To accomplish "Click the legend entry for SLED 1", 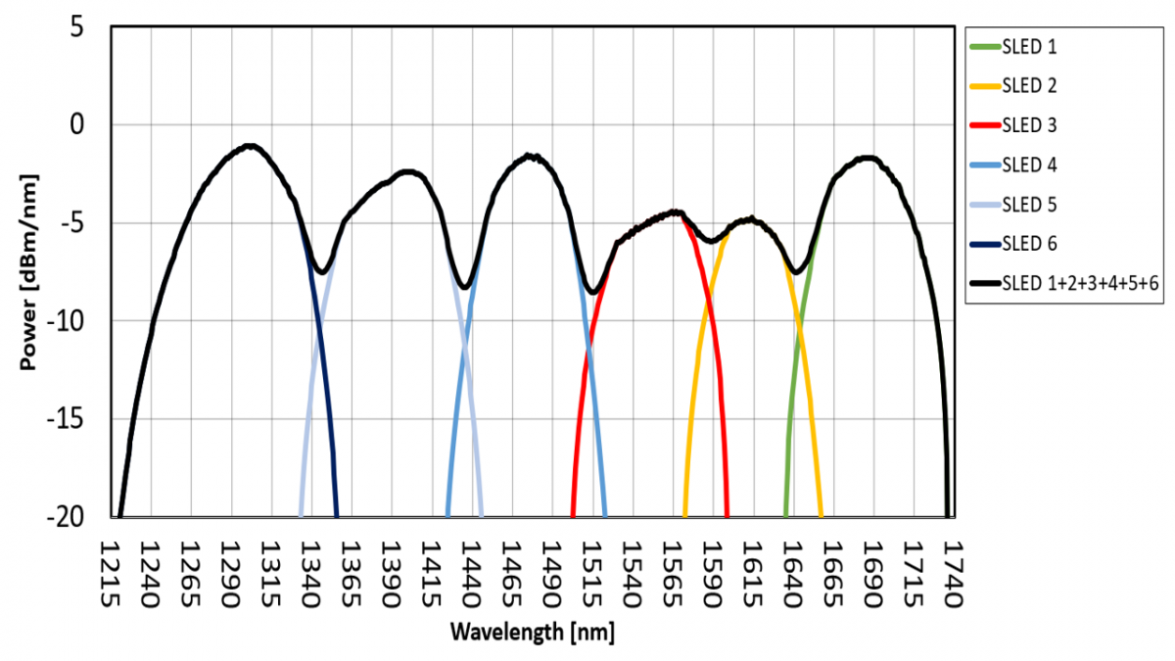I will click(x=1029, y=47).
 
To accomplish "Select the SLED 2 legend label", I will click(x=1029, y=86).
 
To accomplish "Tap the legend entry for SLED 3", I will click(x=1029, y=125).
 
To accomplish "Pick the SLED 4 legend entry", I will click(x=1029, y=165).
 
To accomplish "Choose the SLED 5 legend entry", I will click(x=1029, y=204).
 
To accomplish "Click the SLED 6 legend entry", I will click(x=1029, y=243).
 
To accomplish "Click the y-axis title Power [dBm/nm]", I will click(x=28, y=272).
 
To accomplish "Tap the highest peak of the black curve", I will click(x=250, y=146).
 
